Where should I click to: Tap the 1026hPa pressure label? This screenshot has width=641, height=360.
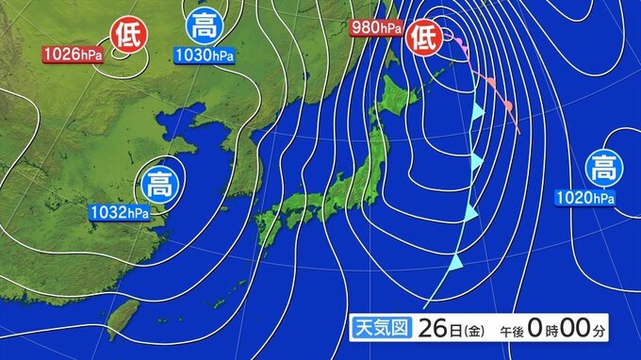[x=71, y=55]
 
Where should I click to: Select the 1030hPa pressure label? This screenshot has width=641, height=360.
[x=204, y=56]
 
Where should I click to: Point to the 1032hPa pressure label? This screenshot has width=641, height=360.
[x=120, y=213]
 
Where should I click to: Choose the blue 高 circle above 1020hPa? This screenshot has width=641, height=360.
[x=604, y=169]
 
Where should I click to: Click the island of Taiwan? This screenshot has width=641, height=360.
[x=121, y=318]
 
